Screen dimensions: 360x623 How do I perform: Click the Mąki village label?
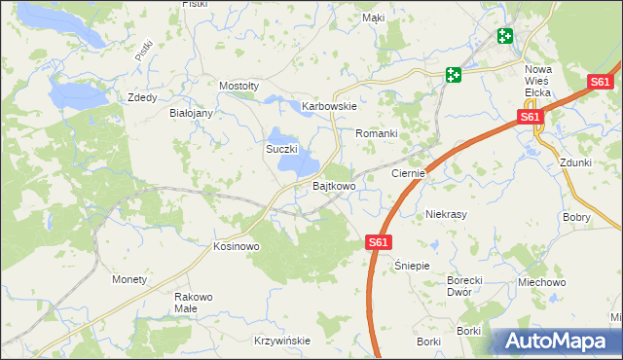tap(373, 18)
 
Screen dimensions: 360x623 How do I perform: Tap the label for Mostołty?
tap(238, 86)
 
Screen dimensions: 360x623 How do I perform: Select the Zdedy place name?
tap(142, 97)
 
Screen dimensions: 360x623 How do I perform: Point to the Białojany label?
tap(191, 113)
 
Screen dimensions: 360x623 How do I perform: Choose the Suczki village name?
tap(281, 149)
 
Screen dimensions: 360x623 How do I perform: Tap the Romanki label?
tap(377, 132)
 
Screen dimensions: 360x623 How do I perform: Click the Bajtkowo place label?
tap(333, 185)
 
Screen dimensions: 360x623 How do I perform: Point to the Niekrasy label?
tap(448, 213)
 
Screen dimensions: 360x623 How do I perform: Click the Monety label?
tap(129, 279)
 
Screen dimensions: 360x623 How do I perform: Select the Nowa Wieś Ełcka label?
tap(537, 81)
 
